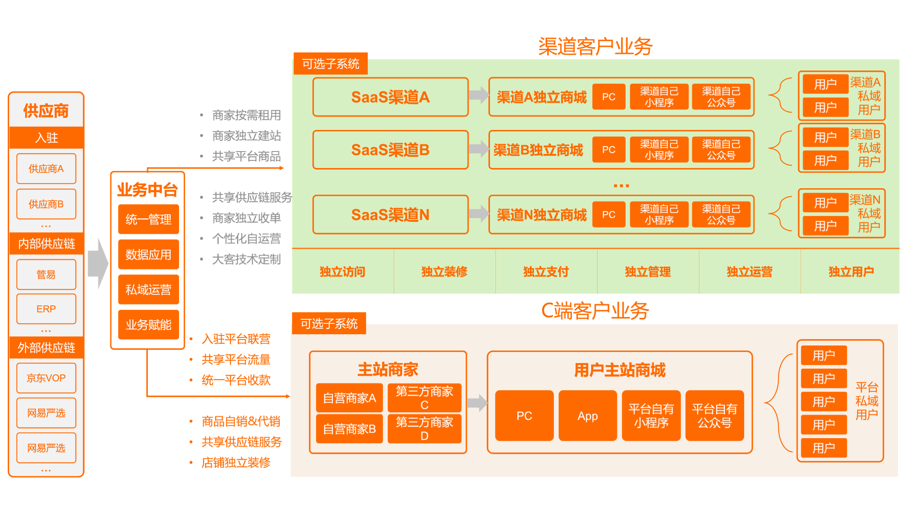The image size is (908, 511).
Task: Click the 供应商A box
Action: pyautogui.click(x=46, y=169)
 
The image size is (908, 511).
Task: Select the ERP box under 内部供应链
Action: pyautogui.click(x=46, y=309)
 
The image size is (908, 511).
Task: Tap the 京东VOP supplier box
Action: pyautogui.click(x=46, y=378)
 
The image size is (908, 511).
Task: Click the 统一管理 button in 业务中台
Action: pyautogui.click(x=148, y=219)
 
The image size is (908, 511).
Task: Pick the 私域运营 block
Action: pyautogui.click(x=148, y=289)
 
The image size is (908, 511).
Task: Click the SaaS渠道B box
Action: pyautogui.click(x=390, y=150)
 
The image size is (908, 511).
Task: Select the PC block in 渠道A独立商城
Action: pyautogui.click(x=608, y=97)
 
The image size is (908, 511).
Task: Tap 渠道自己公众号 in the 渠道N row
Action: pyautogui.click(x=721, y=214)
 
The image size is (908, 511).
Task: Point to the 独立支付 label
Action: pyautogui.click(x=546, y=272)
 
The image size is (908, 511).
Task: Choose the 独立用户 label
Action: pyautogui.click(x=851, y=272)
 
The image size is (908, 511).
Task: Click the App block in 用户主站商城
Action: pyautogui.click(x=587, y=416)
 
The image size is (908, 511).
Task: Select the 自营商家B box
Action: pyautogui.click(x=349, y=429)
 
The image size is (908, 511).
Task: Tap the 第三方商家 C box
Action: pyautogui.click(x=424, y=398)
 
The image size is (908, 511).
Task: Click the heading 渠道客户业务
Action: pyautogui.click(x=595, y=46)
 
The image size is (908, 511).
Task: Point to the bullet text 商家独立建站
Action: pyautogui.click(x=246, y=136)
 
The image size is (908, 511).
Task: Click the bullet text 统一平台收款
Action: pyautogui.click(x=236, y=380)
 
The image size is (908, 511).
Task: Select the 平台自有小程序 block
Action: pyautogui.click(x=651, y=416)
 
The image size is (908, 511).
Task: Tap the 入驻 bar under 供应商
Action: pyautogui.click(x=46, y=138)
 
